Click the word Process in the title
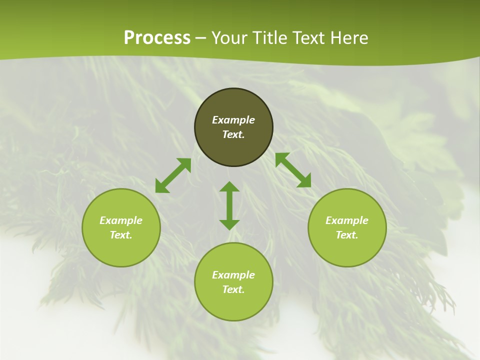(x=157, y=38)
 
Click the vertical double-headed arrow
(x=229, y=205)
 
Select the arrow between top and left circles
(x=173, y=175)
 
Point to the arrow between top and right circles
(x=293, y=170)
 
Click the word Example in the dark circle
(x=233, y=120)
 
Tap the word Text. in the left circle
(x=121, y=235)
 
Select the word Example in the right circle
(x=347, y=220)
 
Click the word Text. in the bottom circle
(x=233, y=289)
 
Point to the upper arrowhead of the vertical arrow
(x=229, y=186)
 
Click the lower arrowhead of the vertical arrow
(x=229, y=224)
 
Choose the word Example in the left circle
(x=121, y=220)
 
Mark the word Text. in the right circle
(x=347, y=235)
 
